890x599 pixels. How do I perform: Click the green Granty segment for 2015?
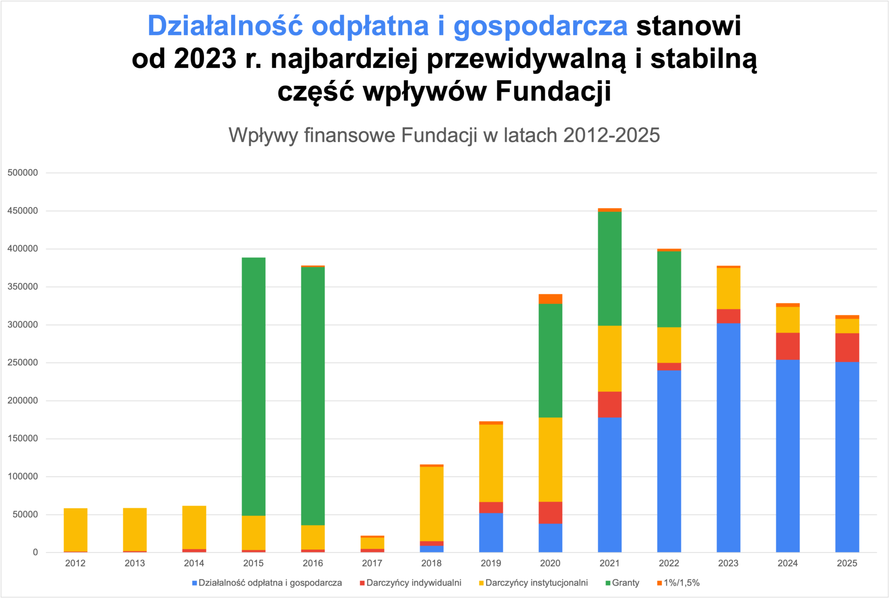pos(253,386)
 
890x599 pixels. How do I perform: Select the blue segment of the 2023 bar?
pos(728,437)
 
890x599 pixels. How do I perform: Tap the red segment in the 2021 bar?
pos(610,404)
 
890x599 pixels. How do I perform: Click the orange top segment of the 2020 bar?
pos(550,299)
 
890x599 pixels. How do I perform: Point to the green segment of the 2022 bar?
pos(669,289)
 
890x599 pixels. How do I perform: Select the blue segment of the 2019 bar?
pos(491,532)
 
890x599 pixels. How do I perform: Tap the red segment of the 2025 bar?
pos(847,347)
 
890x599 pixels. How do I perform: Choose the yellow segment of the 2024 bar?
pos(787,319)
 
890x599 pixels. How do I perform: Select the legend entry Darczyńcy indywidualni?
pos(413,583)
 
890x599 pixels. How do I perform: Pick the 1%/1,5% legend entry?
pos(681,583)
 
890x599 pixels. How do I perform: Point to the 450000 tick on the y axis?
pos(23,211)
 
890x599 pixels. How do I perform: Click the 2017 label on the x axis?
pos(372,563)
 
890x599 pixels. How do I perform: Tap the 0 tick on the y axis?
pos(35,552)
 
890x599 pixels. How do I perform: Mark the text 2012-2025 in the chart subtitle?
pos(611,135)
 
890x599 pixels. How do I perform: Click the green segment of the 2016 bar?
pos(313,396)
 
